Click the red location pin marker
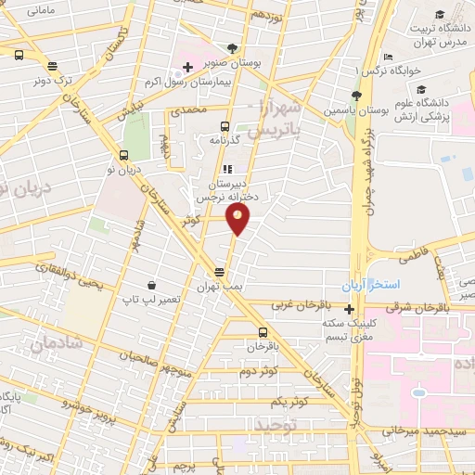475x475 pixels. pyautogui.click(x=238, y=220)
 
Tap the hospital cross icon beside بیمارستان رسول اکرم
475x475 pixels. pyautogui.click(x=187, y=68)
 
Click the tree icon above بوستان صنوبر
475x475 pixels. pyautogui.click(x=232, y=47)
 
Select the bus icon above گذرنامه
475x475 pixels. pyautogui.click(x=225, y=125)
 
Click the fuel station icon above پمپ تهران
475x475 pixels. pyautogui.click(x=219, y=272)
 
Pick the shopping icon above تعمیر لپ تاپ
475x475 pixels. pyautogui.click(x=150, y=285)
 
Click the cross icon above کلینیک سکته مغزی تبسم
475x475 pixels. pyautogui.click(x=349, y=309)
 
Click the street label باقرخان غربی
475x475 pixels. pyautogui.click(x=302, y=304)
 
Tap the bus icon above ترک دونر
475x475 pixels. pyautogui.click(x=51, y=66)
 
